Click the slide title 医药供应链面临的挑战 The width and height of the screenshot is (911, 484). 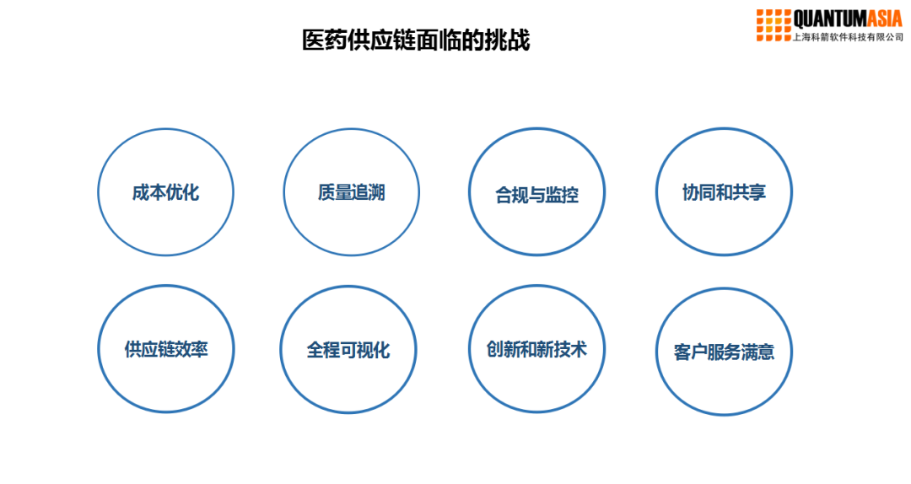pos(416,40)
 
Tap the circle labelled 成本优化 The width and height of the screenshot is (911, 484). pos(165,192)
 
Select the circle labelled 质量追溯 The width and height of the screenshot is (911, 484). pos(351,192)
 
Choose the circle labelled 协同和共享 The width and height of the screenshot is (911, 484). pos(724,192)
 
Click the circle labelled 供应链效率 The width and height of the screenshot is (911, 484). pos(165,350)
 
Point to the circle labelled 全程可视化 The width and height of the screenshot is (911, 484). pos(348,350)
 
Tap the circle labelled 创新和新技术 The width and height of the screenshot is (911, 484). pos(536,349)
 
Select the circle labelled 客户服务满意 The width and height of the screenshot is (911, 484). pos(724,352)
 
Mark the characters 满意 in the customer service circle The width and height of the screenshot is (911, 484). pos(757,352)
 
